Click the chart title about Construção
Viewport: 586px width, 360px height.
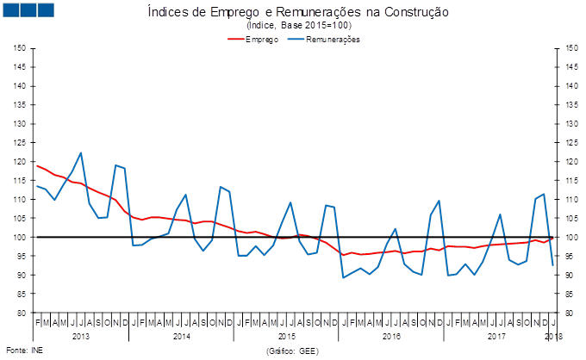coord(298,13)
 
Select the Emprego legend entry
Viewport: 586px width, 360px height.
coord(261,40)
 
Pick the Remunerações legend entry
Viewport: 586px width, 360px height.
coord(330,40)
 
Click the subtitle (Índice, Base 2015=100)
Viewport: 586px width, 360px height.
coord(298,27)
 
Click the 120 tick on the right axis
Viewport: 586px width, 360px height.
coord(568,161)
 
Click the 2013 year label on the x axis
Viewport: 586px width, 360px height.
coord(81,335)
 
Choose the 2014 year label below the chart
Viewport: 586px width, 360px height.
coord(182,335)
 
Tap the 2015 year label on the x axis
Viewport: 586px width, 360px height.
coord(287,335)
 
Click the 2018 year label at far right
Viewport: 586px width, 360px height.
coord(552,335)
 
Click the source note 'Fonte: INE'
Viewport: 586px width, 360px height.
coord(24,351)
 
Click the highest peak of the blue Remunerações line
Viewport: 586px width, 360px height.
coord(81,152)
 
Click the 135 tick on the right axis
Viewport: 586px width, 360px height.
coord(568,104)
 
